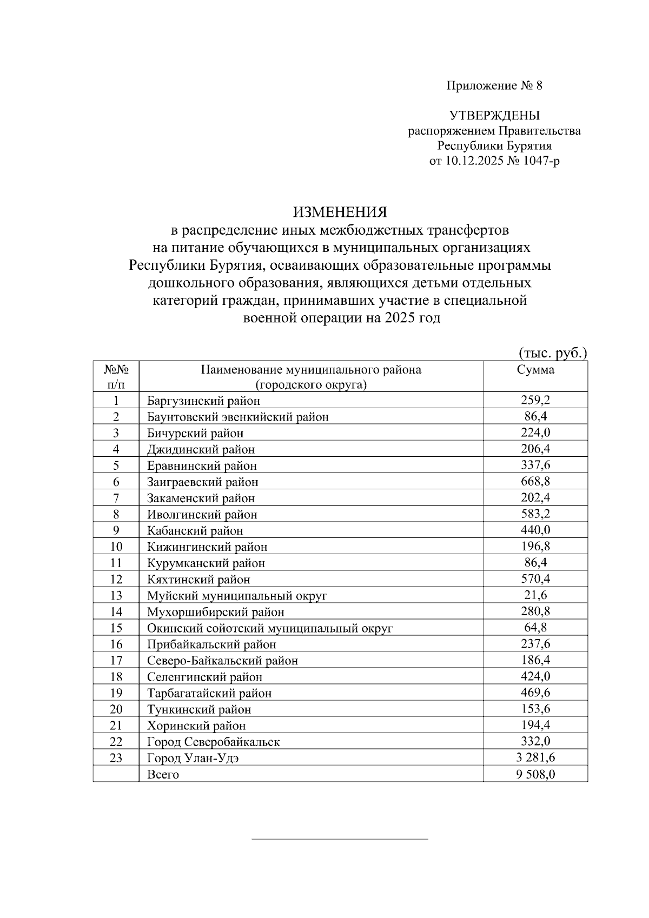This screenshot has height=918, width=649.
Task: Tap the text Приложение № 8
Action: [494, 85]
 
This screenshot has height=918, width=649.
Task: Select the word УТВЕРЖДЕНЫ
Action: [494, 115]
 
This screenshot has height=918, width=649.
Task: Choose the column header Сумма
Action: [535, 370]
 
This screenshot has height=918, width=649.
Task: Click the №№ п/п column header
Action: [116, 377]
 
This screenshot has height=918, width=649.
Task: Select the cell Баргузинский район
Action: [203, 401]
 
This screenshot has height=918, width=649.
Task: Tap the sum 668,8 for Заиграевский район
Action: [535, 481]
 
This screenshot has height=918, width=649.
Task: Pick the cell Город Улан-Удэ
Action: [193, 758]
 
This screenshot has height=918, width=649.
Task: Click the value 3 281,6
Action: [535, 757]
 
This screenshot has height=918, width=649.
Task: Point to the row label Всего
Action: [163, 774]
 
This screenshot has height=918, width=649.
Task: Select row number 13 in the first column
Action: [116, 595]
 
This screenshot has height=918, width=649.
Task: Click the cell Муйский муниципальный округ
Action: [237, 596]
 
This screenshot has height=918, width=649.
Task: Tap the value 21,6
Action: [535, 595]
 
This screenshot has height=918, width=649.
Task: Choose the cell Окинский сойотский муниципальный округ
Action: [269, 628]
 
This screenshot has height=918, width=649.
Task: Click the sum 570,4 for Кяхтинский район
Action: [535, 578]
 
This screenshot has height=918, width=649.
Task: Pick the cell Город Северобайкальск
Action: [213, 742]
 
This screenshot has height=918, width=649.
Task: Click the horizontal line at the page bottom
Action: [340, 839]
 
